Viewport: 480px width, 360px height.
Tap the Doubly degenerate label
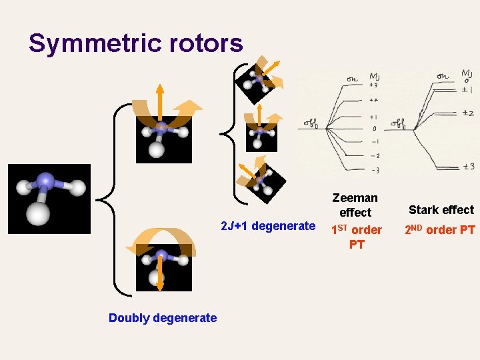coord(163,318)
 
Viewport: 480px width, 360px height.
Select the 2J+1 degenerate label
coord(268,226)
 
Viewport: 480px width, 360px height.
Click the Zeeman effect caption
coord(355,205)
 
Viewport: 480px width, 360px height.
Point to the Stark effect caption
coord(441,210)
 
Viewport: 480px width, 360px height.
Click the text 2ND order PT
coord(441,230)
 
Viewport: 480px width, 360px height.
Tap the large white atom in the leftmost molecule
coord(37,214)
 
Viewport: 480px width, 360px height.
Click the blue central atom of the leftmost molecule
coord(45,180)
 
